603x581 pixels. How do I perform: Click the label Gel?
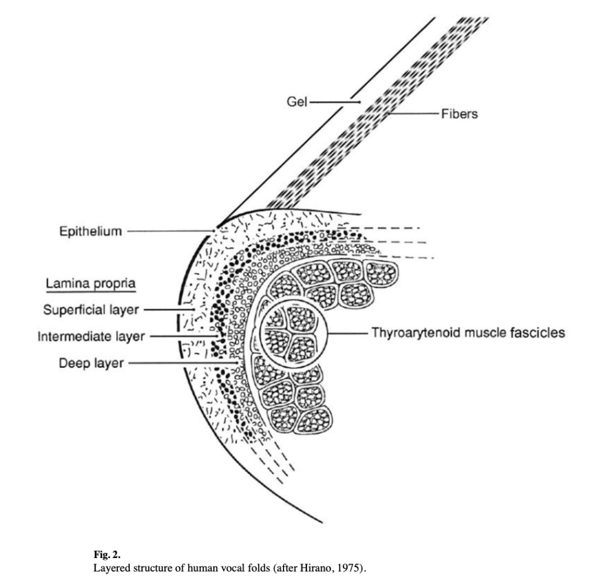click(x=296, y=102)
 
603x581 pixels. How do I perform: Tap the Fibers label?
click(x=459, y=114)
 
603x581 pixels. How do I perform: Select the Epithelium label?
click(x=91, y=231)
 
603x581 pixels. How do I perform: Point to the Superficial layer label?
click(x=91, y=310)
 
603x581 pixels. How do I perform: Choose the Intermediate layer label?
click(x=91, y=337)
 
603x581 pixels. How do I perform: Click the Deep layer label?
click(x=91, y=363)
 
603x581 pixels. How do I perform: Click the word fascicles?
click(x=538, y=333)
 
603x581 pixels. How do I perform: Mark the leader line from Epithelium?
click(x=171, y=231)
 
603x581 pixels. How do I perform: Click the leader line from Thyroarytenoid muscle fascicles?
click(x=348, y=333)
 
